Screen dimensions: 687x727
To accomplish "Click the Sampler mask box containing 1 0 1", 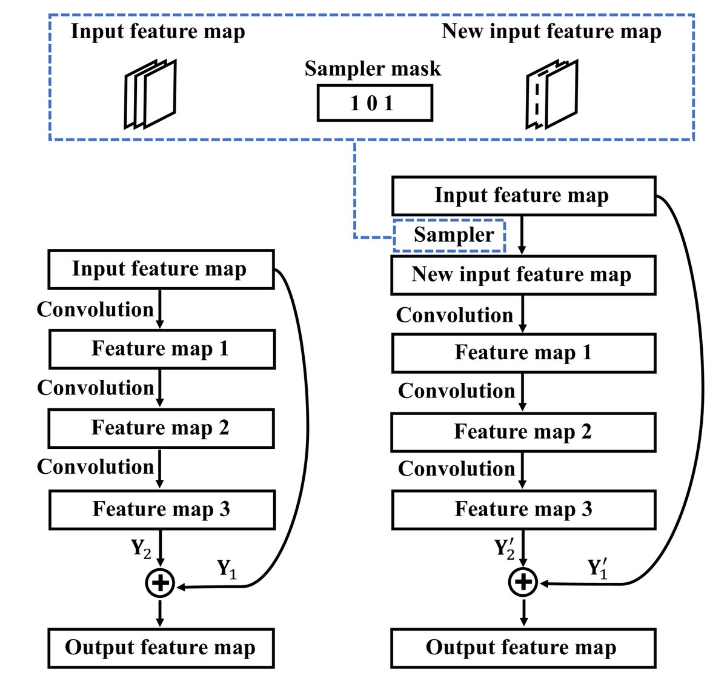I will [374, 103].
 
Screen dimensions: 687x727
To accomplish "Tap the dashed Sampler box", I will [450, 235].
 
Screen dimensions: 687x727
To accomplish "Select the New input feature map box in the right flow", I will [523, 275].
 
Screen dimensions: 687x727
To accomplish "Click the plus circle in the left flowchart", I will [160, 583].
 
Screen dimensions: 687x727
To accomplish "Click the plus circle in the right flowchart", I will [523, 583].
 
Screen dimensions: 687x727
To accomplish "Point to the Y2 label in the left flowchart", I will [141, 549].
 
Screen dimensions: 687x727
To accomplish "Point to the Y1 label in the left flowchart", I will [227, 569].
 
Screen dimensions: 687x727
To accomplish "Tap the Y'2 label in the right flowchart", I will [505, 548].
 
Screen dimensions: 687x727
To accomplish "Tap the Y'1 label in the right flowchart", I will [598, 569].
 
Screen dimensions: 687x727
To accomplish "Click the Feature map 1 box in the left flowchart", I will [162, 349].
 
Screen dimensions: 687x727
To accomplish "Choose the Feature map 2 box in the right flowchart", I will [523, 432].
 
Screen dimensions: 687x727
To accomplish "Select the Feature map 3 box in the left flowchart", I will [162, 509].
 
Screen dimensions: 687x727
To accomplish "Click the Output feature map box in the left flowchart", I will [161, 648].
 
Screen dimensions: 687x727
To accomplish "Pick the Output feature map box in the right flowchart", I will [523, 648].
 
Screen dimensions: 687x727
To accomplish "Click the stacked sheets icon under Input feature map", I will [150, 94].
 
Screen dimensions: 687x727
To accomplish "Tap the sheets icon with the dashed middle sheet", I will [552, 94].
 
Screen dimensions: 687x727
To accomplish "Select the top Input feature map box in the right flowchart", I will [523, 196].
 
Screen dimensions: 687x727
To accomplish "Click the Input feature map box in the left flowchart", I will [161, 269].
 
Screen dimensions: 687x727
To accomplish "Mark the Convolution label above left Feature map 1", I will [95, 310].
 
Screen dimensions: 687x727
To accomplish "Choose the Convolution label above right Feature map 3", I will [456, 469].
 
